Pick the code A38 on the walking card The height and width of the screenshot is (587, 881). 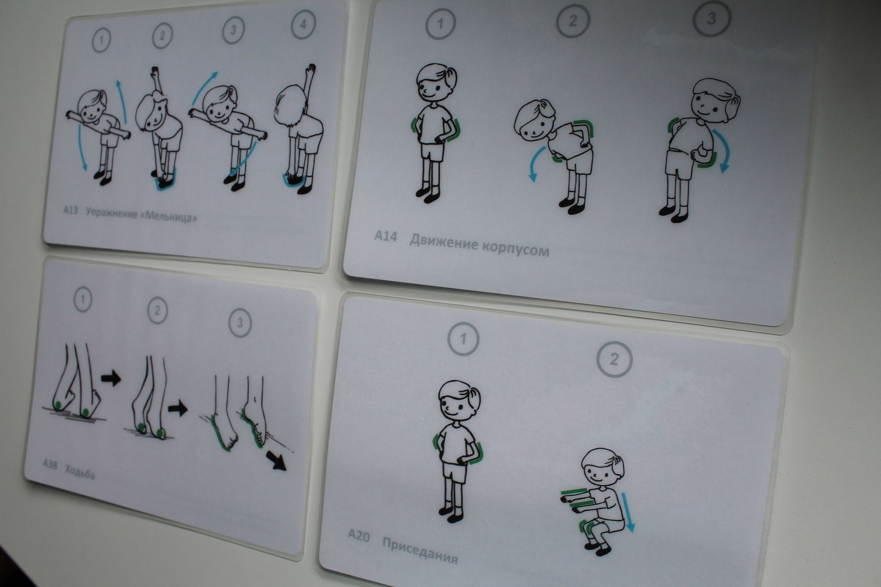click(50, 465)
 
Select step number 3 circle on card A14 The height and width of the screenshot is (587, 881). click(712, 19)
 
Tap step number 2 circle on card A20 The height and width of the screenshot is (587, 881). click(614, 359)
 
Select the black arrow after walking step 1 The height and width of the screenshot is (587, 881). click(111, 379)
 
